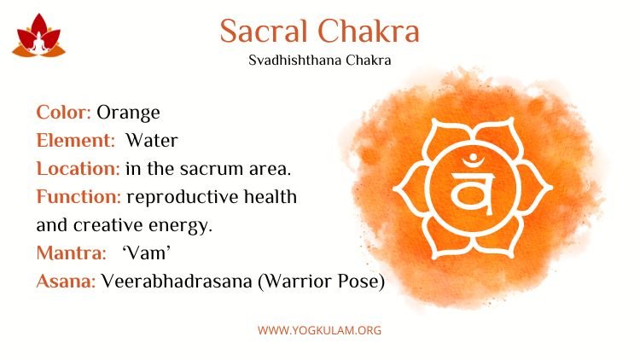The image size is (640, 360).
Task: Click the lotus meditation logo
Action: tap(38, 36)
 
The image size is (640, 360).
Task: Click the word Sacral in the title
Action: tap(264, 31)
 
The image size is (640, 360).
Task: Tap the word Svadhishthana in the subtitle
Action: tap(294, 61)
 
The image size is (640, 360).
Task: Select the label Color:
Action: tap(63, 113)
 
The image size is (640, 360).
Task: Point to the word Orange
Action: tap(128, 113)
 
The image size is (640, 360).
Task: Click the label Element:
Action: tap(75, 141)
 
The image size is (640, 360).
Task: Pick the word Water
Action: tap(152, 141)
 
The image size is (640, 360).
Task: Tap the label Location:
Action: tap(78, 169)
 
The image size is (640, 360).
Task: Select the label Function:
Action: tap(79, 197)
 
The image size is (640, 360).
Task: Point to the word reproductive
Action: tap(183, 198)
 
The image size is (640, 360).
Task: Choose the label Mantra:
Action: tap(71, 253)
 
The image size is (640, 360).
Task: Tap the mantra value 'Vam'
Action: tap(146, 253)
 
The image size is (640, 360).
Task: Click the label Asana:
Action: tap(66, 282)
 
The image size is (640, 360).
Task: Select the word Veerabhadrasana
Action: tap(177, 282)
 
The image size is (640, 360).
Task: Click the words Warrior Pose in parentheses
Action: tap(321, 282)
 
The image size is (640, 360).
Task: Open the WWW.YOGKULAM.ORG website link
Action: tap(320, 330)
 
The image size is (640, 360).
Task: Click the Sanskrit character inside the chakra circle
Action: tap(473, 187)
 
